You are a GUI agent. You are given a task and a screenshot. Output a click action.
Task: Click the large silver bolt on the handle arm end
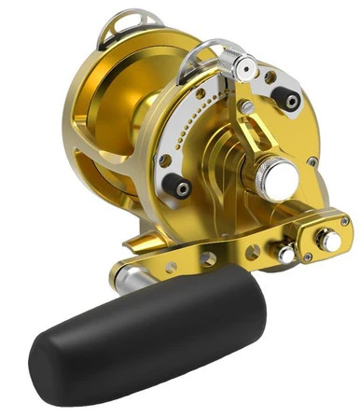click(x=328, y=243)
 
